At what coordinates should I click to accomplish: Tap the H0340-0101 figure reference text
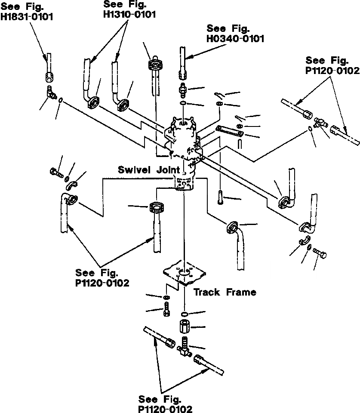[x=235, y=34]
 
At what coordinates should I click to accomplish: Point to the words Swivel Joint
[x=149, y=170]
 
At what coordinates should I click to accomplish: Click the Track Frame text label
[x=225, y=293]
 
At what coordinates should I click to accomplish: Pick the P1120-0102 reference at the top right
[x=332, y=65]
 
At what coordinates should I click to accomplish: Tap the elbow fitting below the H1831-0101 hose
[x=51, y=92]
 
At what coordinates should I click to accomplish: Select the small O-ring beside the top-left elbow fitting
[x=62, y=101]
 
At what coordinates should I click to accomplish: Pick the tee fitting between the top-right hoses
[x=320, y=123]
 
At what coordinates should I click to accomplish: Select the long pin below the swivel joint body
[x=220, y=198]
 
